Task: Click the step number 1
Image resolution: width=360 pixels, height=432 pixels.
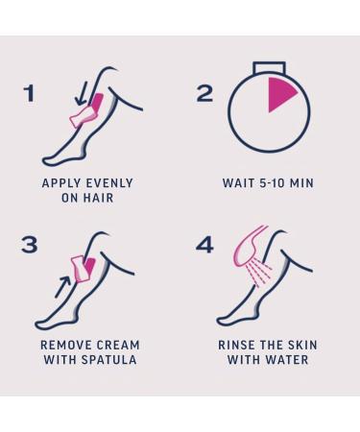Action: (29, 93)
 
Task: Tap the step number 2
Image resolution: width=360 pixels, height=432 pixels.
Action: (204, 93)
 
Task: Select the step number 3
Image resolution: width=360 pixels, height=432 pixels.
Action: (30, 244)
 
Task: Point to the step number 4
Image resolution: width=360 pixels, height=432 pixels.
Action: (204, 244)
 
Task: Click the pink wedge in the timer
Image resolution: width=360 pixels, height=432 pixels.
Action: (282, 95)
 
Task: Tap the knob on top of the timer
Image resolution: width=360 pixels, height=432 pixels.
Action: (269, 67)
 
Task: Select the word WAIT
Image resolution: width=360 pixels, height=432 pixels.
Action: (238, 183)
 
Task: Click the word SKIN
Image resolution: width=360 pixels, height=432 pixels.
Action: (300, 345)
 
